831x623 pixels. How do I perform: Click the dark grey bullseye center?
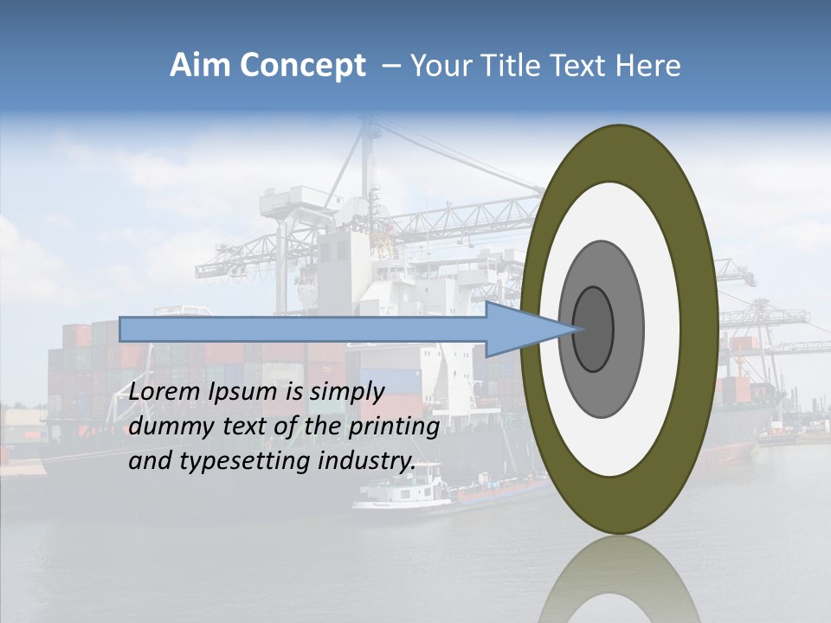[x=594, y=329]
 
